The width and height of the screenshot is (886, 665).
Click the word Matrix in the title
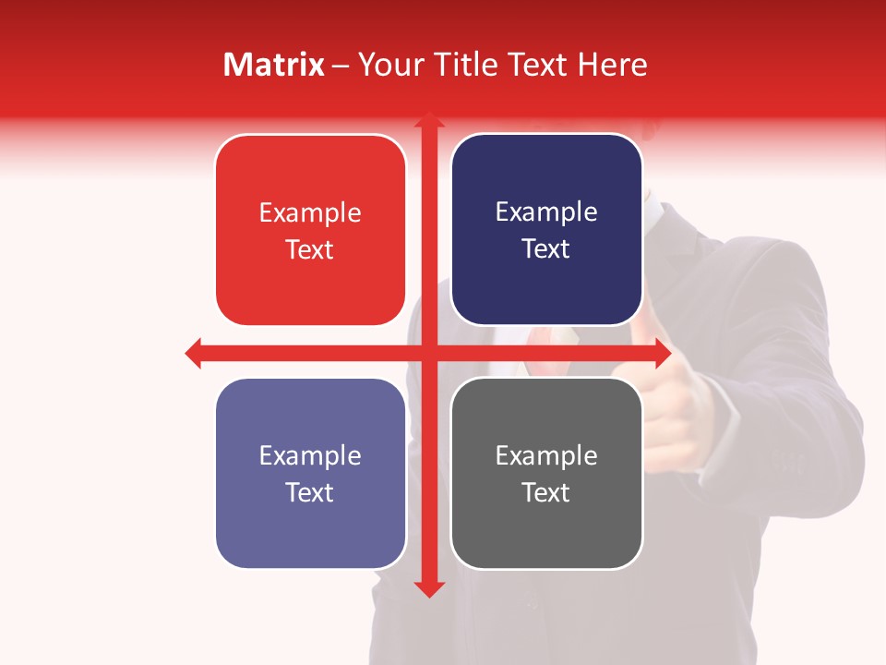point(274,65)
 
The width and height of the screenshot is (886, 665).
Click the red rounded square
point(310,231)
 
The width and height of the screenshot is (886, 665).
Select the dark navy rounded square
point(546,230)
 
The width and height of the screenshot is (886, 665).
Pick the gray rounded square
point(546,473)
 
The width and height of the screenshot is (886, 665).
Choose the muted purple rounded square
point(310,473)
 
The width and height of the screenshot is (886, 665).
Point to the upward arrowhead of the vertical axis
point(428,121)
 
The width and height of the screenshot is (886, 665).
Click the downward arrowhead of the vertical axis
point(428,588)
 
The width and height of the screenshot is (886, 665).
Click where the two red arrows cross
point(428,353)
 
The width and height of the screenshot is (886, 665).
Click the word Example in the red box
point(310,212)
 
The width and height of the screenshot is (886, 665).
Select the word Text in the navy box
point(546,249)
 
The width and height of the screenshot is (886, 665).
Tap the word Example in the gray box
point(546,455)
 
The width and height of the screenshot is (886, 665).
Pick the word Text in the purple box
point(310,492)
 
